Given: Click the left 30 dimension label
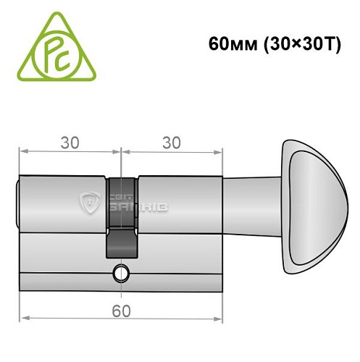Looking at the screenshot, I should pos(70,143).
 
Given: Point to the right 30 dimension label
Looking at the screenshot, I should pos(171,143).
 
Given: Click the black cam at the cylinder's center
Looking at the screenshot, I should pos(121,217).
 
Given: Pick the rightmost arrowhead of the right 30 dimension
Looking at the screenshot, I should pos(217,152).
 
